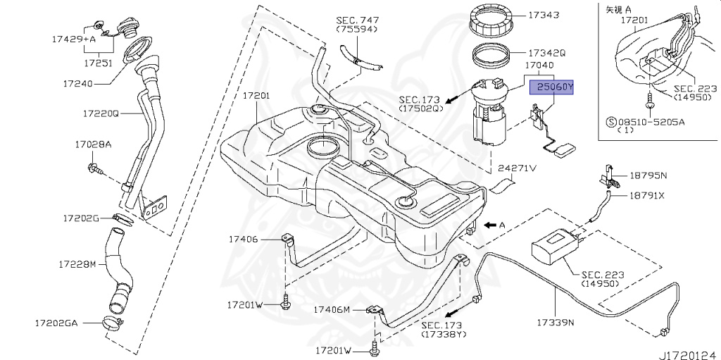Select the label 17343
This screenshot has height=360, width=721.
pos(541,15)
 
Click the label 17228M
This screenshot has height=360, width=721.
pos(77,264)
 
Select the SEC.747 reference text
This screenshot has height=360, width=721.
pos(357,20)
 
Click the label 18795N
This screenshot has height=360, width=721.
pos(647,173)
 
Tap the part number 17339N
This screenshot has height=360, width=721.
pos(556,323)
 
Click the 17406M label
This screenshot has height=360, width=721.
pos(332,309)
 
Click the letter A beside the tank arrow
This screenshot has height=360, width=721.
pos(503,225)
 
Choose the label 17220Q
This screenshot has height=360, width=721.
pos(101,113)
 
